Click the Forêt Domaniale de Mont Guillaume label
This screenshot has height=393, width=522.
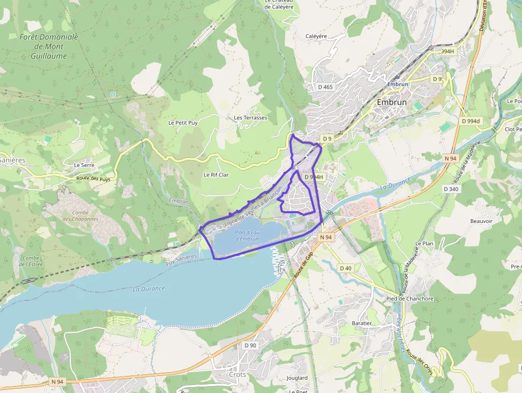point(48,46)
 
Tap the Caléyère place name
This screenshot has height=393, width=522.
point(316,36)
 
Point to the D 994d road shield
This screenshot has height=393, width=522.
point(471,121)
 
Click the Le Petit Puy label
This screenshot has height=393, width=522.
point(183,123)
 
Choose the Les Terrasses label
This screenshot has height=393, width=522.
point(250,118)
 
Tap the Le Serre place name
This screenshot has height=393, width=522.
point(84,165)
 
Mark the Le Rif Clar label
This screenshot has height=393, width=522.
point(216,175)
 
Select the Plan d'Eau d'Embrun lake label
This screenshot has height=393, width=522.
point(247,236)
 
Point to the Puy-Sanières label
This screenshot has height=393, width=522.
point(181,260)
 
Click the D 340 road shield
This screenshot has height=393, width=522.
point(451,189)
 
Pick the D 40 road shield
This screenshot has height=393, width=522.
point(345,268)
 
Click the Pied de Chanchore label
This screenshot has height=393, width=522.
point(410,299)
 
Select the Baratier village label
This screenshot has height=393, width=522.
point(362,323)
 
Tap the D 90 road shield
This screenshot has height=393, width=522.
point(250,346)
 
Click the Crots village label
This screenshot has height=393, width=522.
point(238,374)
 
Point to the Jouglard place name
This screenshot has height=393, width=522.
point(297,378)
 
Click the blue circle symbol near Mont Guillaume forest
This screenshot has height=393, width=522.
point(112,94)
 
